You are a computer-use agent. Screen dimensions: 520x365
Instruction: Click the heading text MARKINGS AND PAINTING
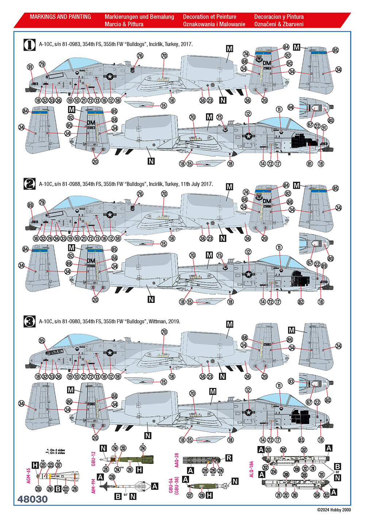coord(60,17)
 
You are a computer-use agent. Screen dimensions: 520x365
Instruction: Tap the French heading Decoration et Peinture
coord(210,17)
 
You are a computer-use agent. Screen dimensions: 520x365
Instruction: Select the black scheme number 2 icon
coord(30,184)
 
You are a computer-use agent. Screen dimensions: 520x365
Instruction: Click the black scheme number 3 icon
coord(30,321)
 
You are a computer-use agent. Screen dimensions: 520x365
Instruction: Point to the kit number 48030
coord(32,499)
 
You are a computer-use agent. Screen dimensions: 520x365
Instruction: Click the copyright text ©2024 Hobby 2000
coord(334,510)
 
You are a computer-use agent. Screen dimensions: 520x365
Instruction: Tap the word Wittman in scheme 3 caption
coord(157,321)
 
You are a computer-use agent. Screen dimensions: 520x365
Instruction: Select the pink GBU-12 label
coord(93,459)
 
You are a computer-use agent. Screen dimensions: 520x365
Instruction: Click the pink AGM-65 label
coord(28,476)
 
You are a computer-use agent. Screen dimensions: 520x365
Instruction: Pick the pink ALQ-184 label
coord(251,469)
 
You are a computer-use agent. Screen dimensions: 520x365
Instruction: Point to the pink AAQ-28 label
coord(177,460)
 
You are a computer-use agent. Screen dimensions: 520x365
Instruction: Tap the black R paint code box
coord(228,458)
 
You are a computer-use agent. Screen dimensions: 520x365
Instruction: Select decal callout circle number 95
coord(42,340)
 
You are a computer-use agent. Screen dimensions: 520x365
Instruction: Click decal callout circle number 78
coord(50,238)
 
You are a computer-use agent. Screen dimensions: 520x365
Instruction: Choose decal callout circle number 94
coord(291,107)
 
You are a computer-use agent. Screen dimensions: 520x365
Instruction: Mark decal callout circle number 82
coord(301,302)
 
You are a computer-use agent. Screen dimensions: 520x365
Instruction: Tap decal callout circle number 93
coord(291,381)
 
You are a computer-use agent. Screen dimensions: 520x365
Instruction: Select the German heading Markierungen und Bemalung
coord(139,17)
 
